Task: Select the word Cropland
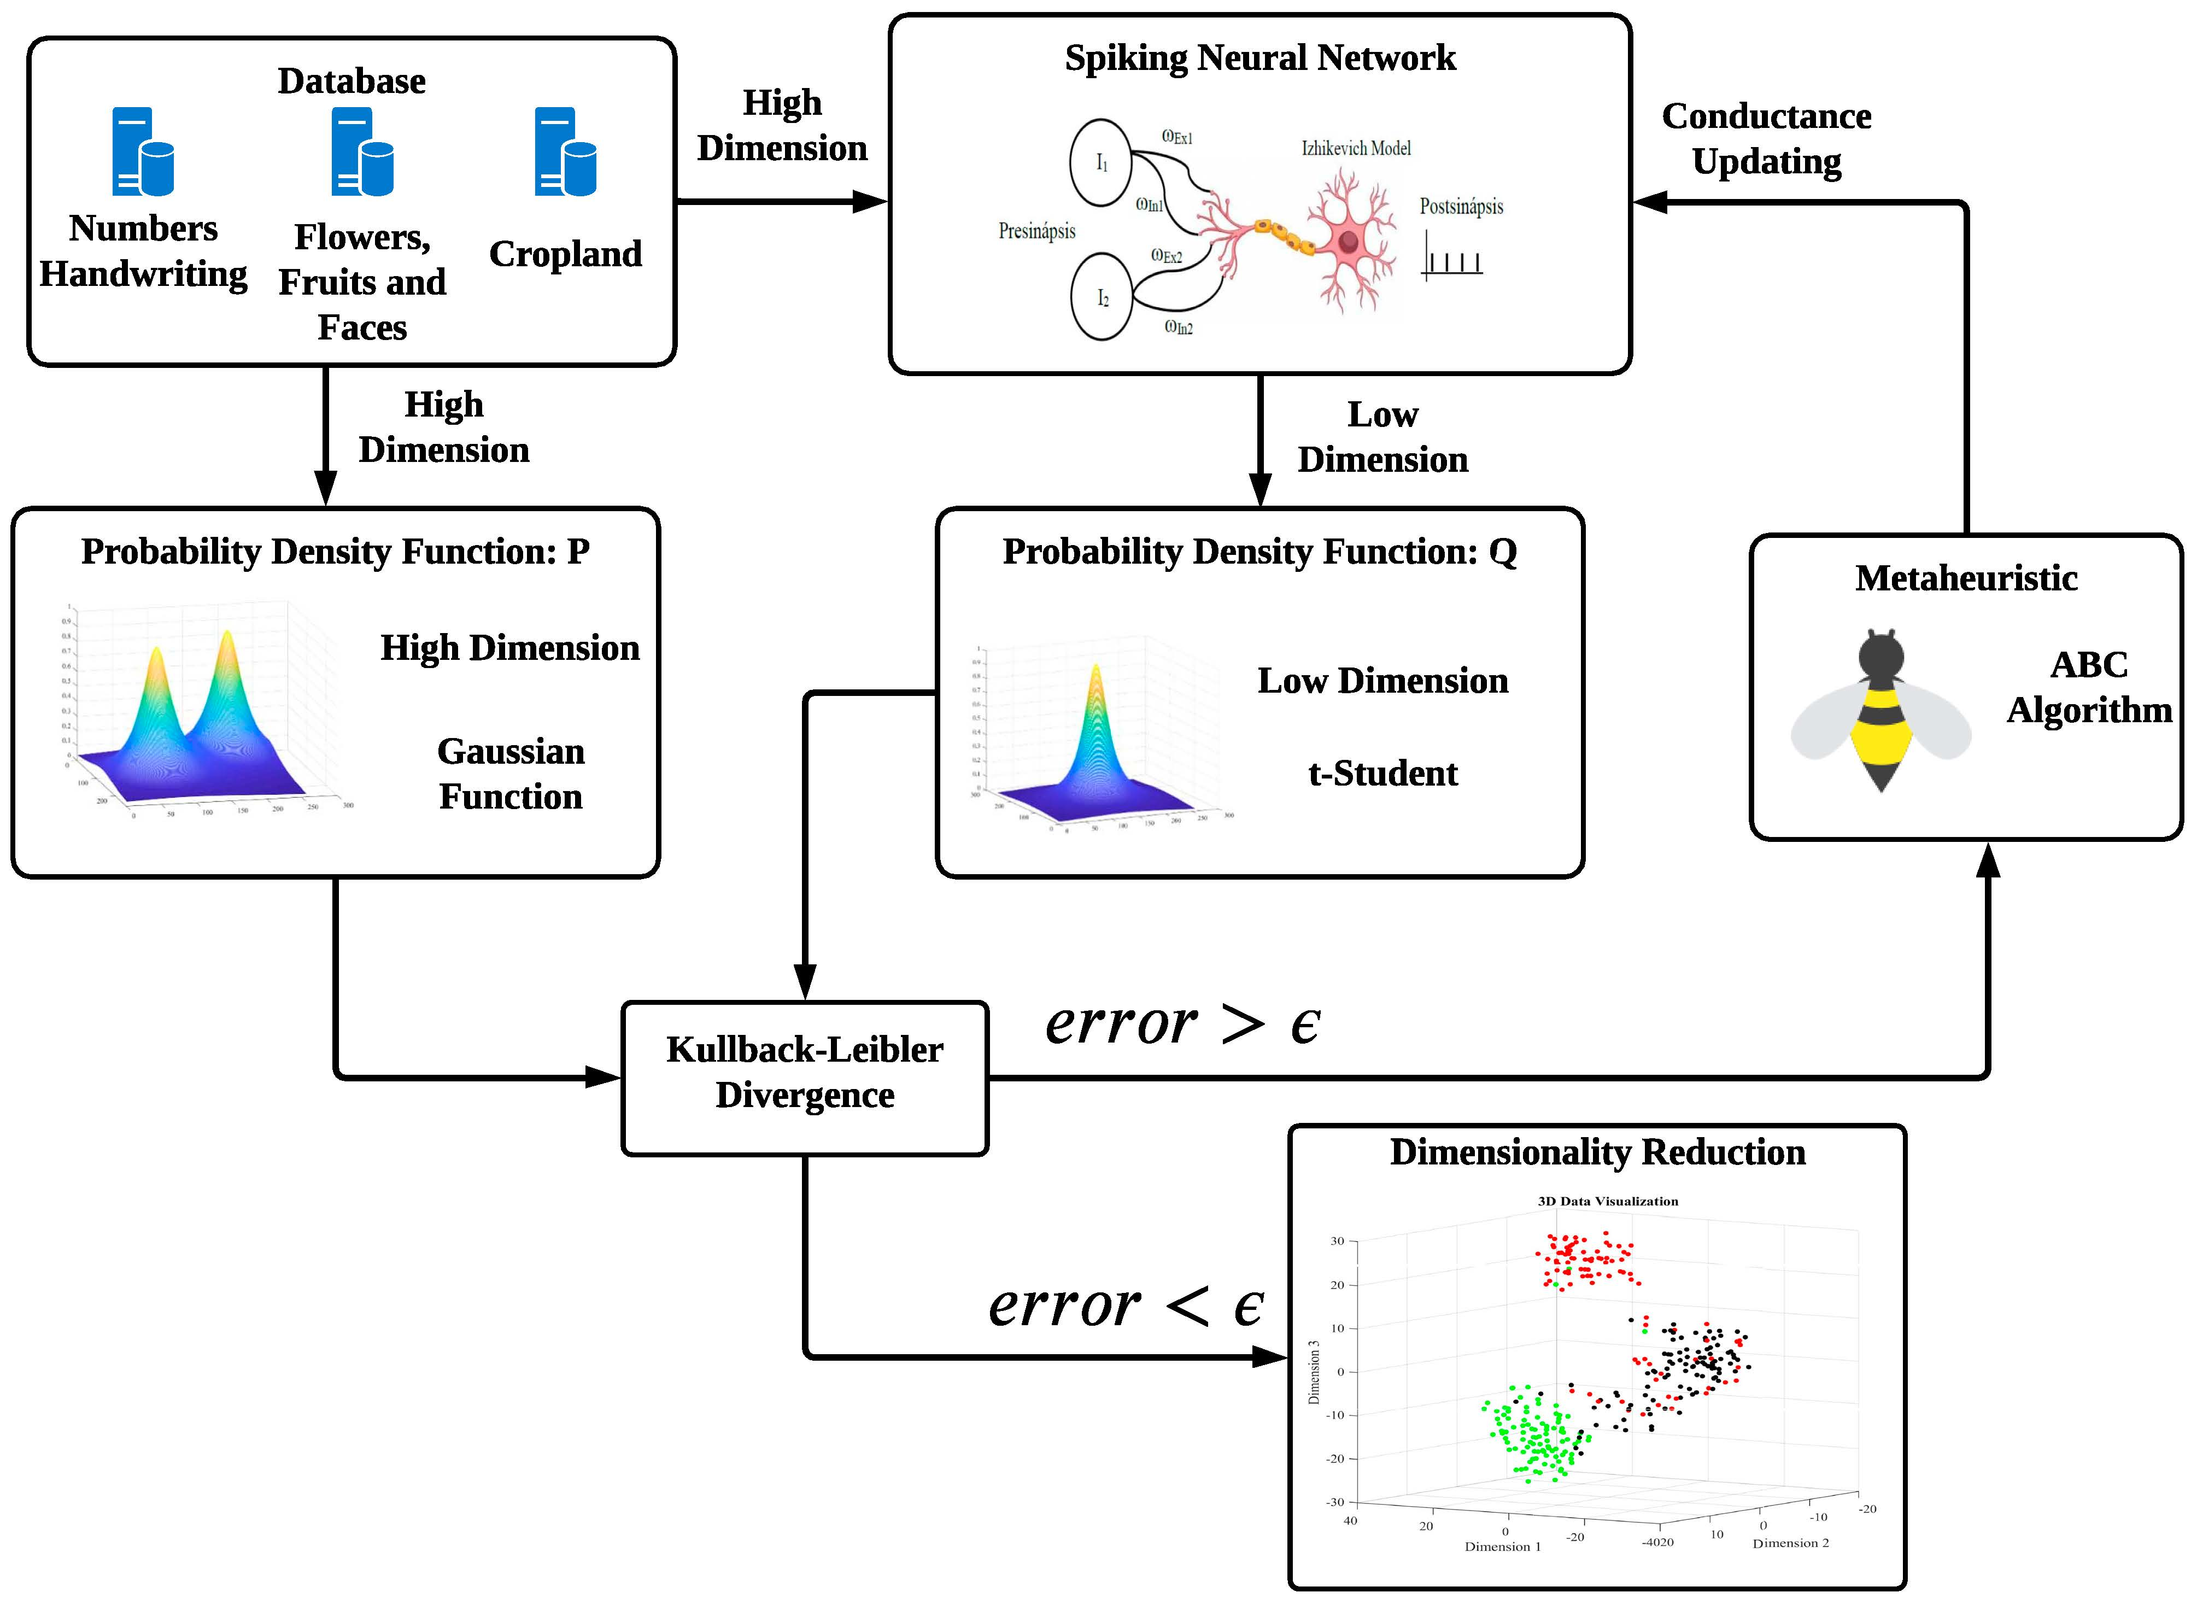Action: pos(565,254)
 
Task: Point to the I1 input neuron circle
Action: pos(1101,162)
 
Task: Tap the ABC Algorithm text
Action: pos(2088,687)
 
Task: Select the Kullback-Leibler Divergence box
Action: pos(805,1078)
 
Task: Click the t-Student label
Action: pos(1382,774)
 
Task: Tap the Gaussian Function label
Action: pos(511,774)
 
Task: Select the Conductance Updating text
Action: pos(1766,138)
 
